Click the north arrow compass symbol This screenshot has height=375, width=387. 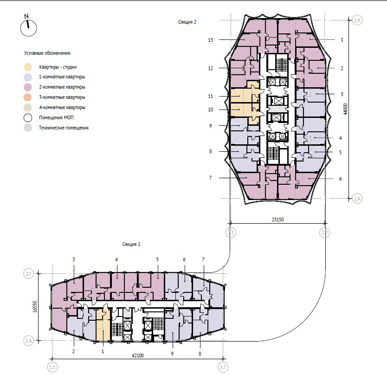pyautogui.click(x=28, y=27)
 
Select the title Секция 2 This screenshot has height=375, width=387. pyautogui.click(x=187, y=22)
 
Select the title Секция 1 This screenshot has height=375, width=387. pyautogui.click(x=131, y=244)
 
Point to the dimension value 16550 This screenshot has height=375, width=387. pyautogui.click(x=35, y=308)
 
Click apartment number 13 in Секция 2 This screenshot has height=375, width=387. pyautogui.click(x=211, y=40)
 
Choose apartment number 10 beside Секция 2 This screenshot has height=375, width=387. pyautogui.click(x=211, y=110)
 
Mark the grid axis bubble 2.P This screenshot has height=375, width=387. pyautogui.click(x=357, y=20)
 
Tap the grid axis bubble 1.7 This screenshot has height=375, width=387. pyautogui.click(x=224, y=368)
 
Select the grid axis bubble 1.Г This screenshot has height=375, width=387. pyautogui.click(x=28, y=275)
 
